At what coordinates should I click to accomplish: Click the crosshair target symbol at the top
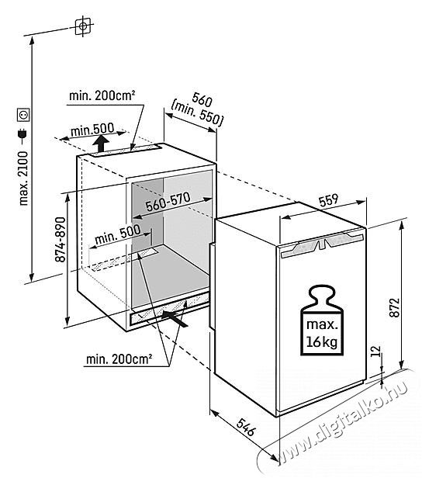pyautogui.click(x=83, y=26)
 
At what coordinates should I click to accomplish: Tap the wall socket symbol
pyautogui.click(x=23, y=115)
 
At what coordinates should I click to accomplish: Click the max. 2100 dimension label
pyautogui.click(x=23, y=178)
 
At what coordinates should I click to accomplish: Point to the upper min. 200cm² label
pyautogui.click(x=102, y=96)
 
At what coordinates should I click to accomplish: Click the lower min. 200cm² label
pyautogui.click(x=119, y=359)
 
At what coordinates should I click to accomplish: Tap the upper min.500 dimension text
pyautogui.click(x=92, y=130)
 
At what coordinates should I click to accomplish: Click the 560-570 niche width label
pyautogui.click(x=168, y=202)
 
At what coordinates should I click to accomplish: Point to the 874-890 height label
pyautogui.click(x=61, y=239)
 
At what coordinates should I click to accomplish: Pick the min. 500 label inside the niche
pyautogui.click(x=118, y=234)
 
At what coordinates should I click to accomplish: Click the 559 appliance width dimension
pyautogui.click(x=328, y=199)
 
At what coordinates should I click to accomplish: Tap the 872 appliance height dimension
pyautogui.click(x=394, y=307)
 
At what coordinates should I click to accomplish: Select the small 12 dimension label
pyautogui.click(x=376, y=351)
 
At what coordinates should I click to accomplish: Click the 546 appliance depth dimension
pyautogui.click(x=245, y=427)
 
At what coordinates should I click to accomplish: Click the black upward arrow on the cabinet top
pyautogui.click(x=101, y=144)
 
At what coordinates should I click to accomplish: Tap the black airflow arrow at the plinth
pyautogui.click(x=174, y=317)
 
